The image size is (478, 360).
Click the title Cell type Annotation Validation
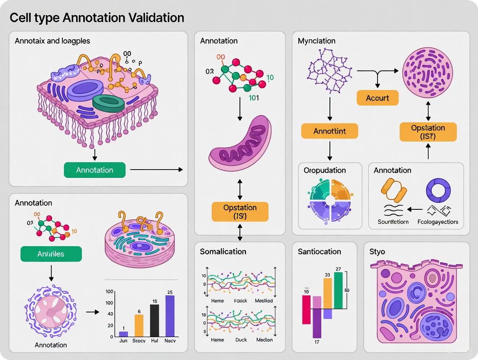coord(97,18)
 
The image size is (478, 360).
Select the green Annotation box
coord(94,170)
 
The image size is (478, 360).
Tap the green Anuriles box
coord(51,254)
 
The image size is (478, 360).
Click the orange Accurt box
coord(377,98)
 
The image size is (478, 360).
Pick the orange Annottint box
coord(329,131)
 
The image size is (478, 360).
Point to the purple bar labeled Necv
coord(170,316)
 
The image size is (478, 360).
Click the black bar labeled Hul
coord(154,320)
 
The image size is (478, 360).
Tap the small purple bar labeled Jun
coord(123,334)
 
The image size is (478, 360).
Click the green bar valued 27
coord(338,290)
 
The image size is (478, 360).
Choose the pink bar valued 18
coord(306,309)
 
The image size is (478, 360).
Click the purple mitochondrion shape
coord(240,143)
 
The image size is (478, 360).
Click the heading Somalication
coord(223,251)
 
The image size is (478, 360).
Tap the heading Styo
coord(378,251)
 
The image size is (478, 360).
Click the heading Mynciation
coord(317,41)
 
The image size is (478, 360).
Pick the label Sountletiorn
coord(393,222)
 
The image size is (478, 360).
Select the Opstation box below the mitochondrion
coord(240,212)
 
